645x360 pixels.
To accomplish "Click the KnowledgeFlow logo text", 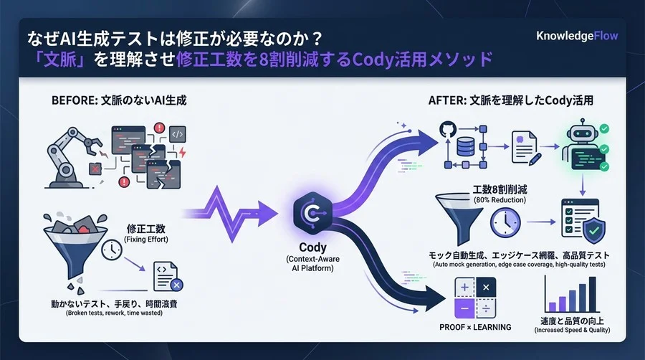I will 576,36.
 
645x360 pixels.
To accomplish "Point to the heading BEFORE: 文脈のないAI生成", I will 119,100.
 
